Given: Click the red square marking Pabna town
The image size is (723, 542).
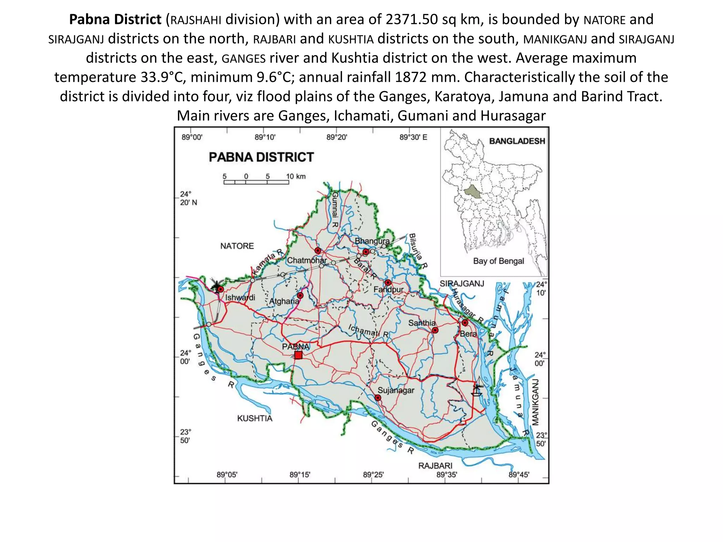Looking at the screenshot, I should click(298, 355).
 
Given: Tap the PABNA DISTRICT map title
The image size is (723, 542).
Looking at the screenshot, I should click(261, 157).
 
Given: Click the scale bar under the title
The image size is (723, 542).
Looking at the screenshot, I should click(256, 182).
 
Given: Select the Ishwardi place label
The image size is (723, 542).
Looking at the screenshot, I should click(240, 297).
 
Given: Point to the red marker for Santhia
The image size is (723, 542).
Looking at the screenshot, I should click(435, 330).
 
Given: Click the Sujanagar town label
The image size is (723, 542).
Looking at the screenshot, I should click(396, 390).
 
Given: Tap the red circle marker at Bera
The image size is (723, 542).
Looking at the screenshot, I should click(465, 323).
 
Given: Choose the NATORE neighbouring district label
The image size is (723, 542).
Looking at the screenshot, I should click(237, 246).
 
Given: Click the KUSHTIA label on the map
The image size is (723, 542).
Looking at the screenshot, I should click(255, 418).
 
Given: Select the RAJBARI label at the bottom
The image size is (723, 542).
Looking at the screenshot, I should click(435, 466).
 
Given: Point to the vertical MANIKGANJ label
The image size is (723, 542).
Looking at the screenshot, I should click(536, 402).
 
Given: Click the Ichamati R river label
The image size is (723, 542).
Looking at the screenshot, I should click(368, 331).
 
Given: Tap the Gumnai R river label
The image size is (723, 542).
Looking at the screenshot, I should click(335, 210).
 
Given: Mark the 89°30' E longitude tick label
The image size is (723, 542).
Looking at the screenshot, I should click(413, 137).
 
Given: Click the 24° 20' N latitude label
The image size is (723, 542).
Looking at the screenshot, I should click(188, 198).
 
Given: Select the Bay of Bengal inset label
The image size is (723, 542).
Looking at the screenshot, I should click(498, 261).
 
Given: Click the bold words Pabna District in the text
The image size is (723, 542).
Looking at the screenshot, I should click(115, 19).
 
